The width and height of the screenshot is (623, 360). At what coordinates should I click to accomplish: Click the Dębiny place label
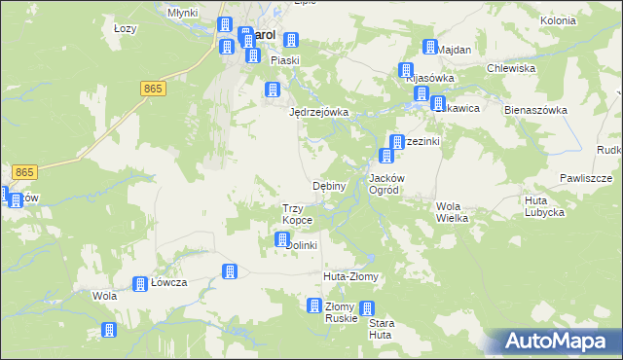(x=328, y=186)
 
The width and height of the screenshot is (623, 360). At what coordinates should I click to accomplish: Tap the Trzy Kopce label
(x=297, y=214)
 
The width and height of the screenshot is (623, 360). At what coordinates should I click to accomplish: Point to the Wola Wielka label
(x=453, y=212)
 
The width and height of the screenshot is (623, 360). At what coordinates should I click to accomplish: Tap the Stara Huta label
(x=380, y=329)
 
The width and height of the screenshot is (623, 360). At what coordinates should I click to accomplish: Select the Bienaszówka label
(x=535, y=110)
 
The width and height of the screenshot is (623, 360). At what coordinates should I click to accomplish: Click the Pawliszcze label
(x=585, y=178)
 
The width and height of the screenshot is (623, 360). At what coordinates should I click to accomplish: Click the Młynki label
(x=183, y=14)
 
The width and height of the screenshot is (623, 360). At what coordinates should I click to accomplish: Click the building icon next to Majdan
(x=429, y=47)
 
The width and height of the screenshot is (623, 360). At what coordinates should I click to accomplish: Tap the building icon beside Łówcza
(x=138, y=283)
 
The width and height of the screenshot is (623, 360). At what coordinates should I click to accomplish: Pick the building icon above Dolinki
(x=282, y=239)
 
